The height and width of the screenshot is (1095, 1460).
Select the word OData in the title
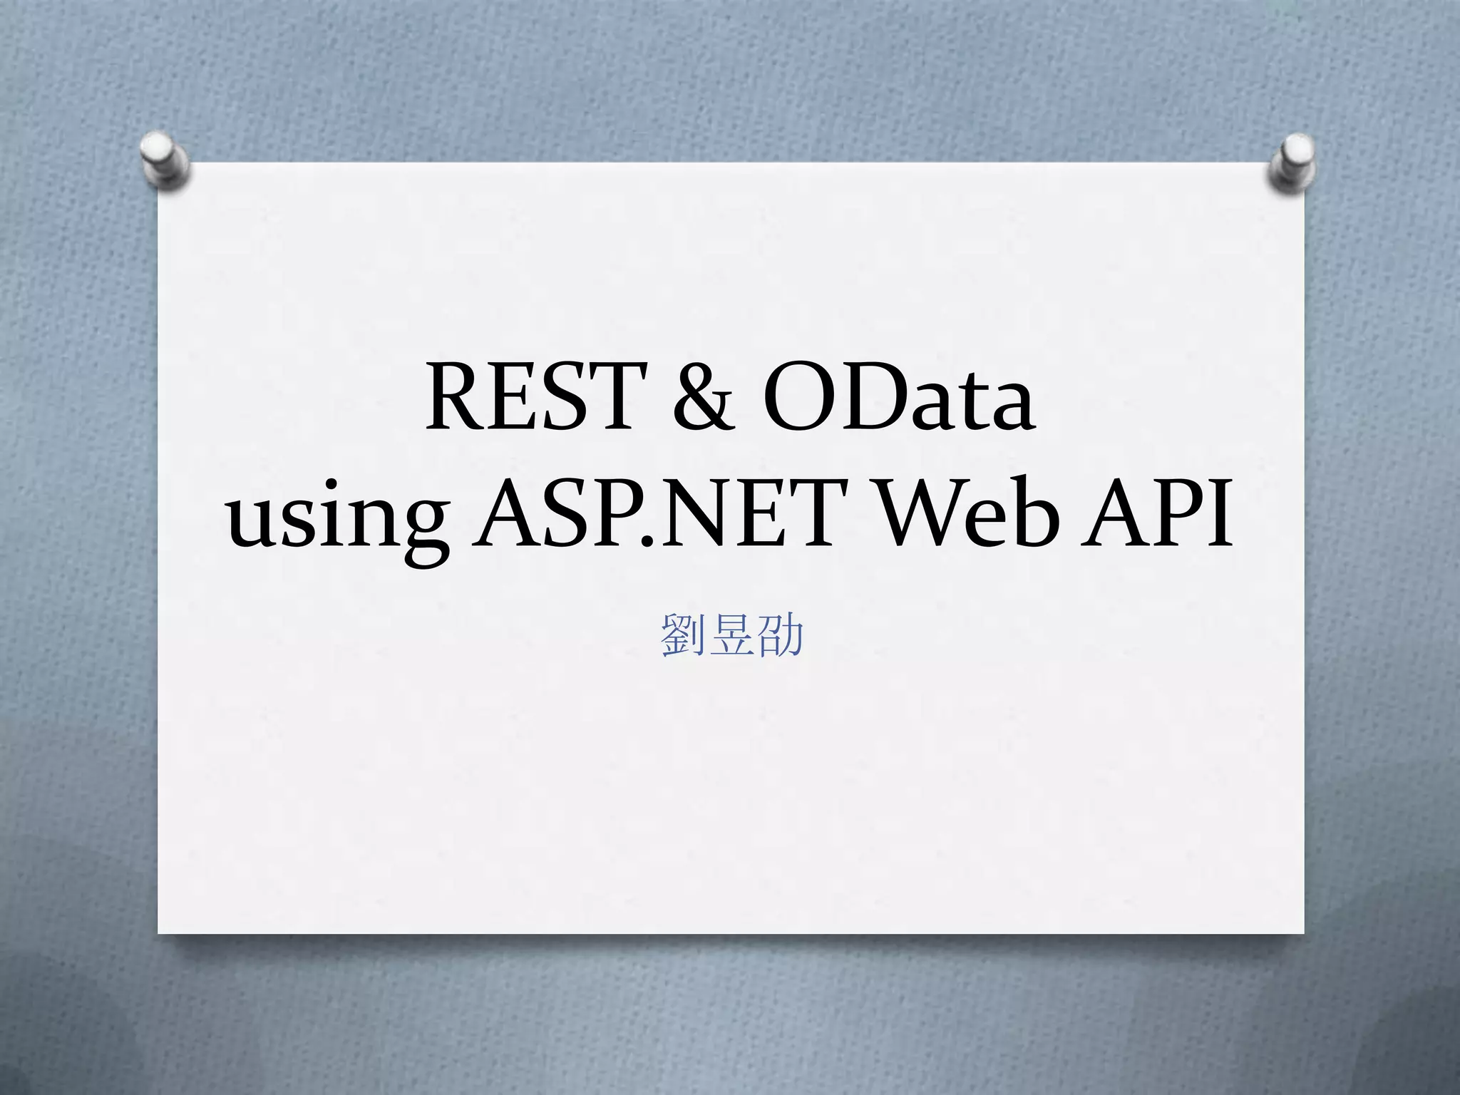click(898, 397)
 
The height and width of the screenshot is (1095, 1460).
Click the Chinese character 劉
click(683, 634)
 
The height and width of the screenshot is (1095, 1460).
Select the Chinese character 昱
click(732, 634)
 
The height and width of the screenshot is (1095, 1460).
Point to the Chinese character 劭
click(781, 634)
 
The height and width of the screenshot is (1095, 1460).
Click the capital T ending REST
click(615, 397)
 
